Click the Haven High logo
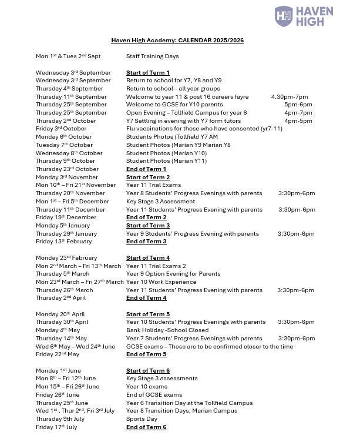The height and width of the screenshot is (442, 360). click(x=304, y=16)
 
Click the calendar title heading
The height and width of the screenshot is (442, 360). click(x=177, y=41)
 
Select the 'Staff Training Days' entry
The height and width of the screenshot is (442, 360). click(x=153, y=56)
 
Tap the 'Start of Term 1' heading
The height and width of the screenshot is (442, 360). click(x=148, y=73)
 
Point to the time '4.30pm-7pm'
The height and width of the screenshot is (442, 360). click(x=290, y=97)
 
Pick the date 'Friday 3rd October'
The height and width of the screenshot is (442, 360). click(x=61, y=129)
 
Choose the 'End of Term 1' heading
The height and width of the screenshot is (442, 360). click(x=146, y=169)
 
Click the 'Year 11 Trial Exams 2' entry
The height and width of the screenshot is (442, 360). click(x=156, y=266)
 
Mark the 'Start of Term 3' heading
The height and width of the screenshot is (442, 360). click(x=148, y=226)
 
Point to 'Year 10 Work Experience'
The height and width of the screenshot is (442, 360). click(x=157, y=282)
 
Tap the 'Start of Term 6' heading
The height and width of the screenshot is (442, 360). click(x=148, y=371)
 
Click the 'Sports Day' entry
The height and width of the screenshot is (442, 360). click(x=142, y=419)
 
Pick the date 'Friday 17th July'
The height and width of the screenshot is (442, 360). click(x=56, y=427)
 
